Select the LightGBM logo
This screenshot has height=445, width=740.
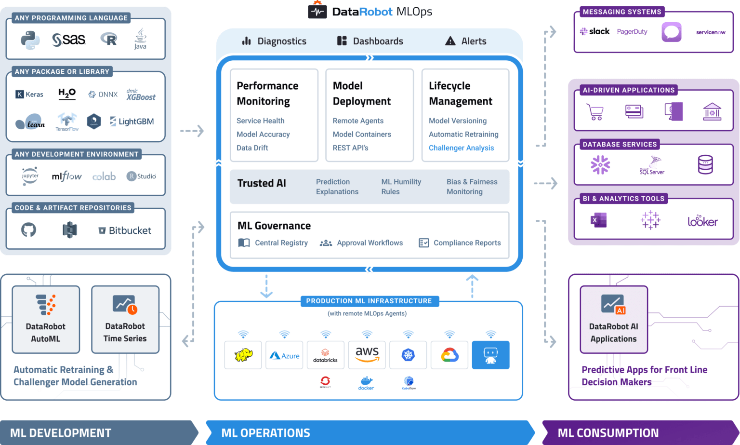pyautogui.click(x=132, y=121)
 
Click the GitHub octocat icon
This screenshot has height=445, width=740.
pyautogui.click(x=28, y=230)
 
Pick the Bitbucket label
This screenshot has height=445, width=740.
pyautogui.click(x=125, y=230)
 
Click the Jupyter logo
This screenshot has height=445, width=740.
pyautogui.click(x=30, y=176)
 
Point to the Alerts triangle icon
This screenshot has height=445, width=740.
pyautogui.click(x=450, y=41)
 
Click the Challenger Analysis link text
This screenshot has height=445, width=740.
pyautogui.click(x=461, y=148)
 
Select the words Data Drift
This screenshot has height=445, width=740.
pyautogui.click(x=252, y=148)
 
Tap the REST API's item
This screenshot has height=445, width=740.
pyautogui.click(x=350, y=148)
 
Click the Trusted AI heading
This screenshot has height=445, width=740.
pyautogui.click(x=262, y=183)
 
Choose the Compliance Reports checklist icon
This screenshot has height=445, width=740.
pyautogui.click(x=423, y=243)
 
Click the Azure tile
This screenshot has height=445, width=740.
pyautogui.click(x=284, y=355)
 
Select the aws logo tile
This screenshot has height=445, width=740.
pyautogui.click(x=367, y=355)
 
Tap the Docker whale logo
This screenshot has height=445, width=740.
pyautogui.click(x=366, y=383)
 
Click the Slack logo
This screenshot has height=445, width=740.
pyautogui.click(x=595, y=32)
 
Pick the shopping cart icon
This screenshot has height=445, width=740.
pyautogui.click(x=595, y=112)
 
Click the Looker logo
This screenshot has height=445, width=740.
pyautogui.click(x=702, y=221)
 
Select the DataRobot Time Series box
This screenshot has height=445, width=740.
pyautogui.click(x=125, y=320)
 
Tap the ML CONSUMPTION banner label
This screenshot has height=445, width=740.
pyautogui.click(x=608, y=433)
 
